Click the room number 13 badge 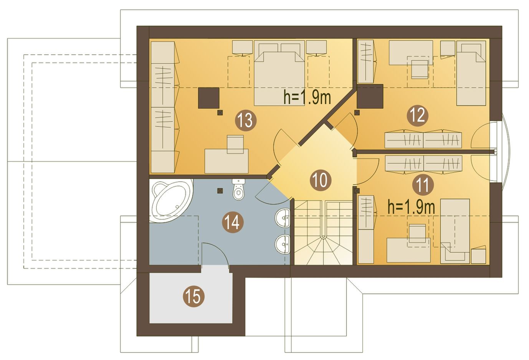coord(245,121)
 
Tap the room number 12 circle coord(417,116)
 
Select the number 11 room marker coord(423,185)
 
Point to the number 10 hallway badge coord(320,180)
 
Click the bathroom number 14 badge coord(233,222)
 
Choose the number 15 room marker coord(193,296)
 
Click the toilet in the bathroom coord(238,189)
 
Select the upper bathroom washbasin coord(283,218)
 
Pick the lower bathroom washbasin coord(283,244)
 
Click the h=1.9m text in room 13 coord(307,97)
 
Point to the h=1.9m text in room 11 coord(411,207)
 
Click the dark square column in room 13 coord(209,98)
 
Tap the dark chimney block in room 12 coord(370,96)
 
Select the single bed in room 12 coord(471,73)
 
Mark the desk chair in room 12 coord(420,69)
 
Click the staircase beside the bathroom coord(323,232)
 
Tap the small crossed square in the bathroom coord(220,190)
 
